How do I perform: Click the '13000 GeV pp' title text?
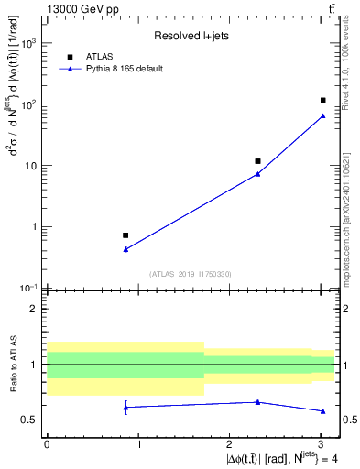point(77,9)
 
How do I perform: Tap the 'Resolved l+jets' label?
point(190,37)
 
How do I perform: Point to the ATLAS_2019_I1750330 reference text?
point(190,274)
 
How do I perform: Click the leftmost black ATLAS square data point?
point(125,235)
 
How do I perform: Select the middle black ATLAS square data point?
point(257,161)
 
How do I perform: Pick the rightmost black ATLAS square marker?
point(323,100)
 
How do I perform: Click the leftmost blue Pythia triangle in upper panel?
point(125,249)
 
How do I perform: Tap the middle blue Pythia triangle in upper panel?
point(257,173)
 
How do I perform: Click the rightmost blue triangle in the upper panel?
point(323,115)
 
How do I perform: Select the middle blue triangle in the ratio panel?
point(257,402)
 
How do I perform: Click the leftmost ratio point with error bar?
point(125,407)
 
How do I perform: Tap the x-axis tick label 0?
point(47,443)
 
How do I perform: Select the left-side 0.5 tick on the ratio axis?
point(32,420)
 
